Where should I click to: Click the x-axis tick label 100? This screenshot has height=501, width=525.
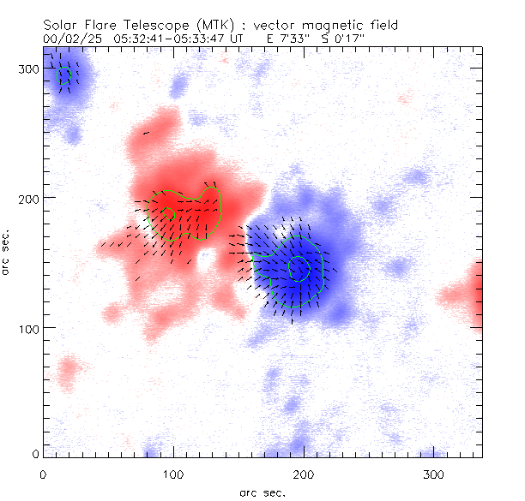click(173, 474)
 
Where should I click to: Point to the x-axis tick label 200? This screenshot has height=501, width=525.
click(304, 474)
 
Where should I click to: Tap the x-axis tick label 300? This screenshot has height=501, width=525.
click(434, 474)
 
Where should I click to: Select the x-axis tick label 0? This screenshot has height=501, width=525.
click(43, 474)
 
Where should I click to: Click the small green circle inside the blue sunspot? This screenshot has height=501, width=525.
click(299, 268)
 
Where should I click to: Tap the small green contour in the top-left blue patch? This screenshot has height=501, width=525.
click(63, 75)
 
